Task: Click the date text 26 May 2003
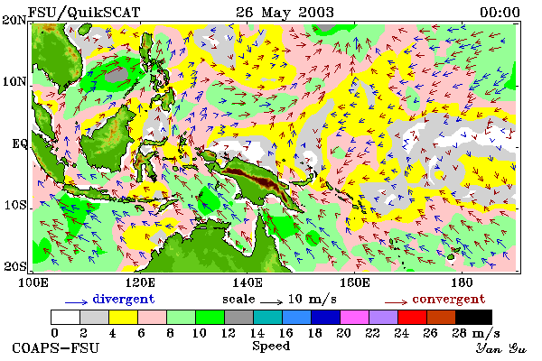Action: (285, 13)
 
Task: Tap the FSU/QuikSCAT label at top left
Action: (84, 13)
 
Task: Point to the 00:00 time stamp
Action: (500, 13)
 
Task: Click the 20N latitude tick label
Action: (14, 20)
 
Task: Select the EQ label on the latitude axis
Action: (19, 143)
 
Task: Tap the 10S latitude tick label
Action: (14, 205)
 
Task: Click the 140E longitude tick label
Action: (248, 282)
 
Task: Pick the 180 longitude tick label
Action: (462, 282)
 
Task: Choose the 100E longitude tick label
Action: (33, 282)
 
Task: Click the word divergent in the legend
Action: (124, 299)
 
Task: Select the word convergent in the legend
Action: (449, 299)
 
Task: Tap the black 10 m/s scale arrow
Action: (271, 302)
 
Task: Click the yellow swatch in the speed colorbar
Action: (123, 317)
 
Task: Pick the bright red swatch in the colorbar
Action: (412, 317)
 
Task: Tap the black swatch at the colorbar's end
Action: (473, 317)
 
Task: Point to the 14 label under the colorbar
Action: (257, 333)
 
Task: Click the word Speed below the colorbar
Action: (271, 346)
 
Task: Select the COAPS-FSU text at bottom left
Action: (56, 347)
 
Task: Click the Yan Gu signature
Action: (500, 348)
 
